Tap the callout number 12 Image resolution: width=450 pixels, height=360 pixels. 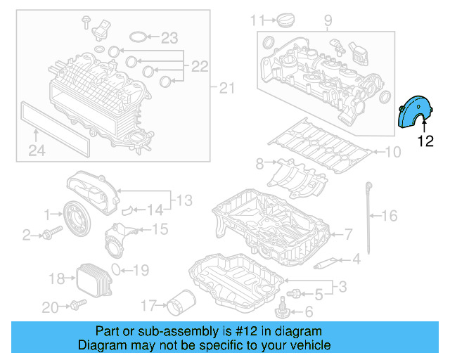[425, 141]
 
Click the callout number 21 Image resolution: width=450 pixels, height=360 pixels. [225, 88]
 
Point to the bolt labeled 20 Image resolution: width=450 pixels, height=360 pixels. [76, 305]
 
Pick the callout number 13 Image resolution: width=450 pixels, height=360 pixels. [184, 201]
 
